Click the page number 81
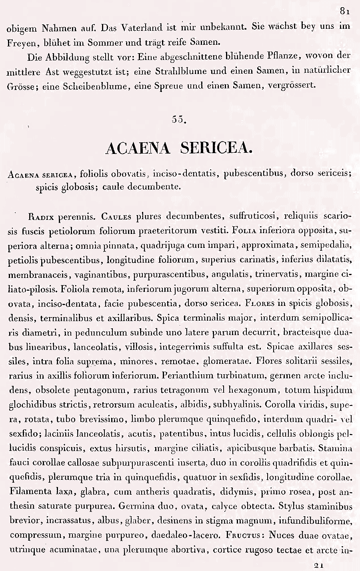tap(345, 12)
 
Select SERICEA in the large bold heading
tap(216, 148)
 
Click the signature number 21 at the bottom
tap(318, 565)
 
